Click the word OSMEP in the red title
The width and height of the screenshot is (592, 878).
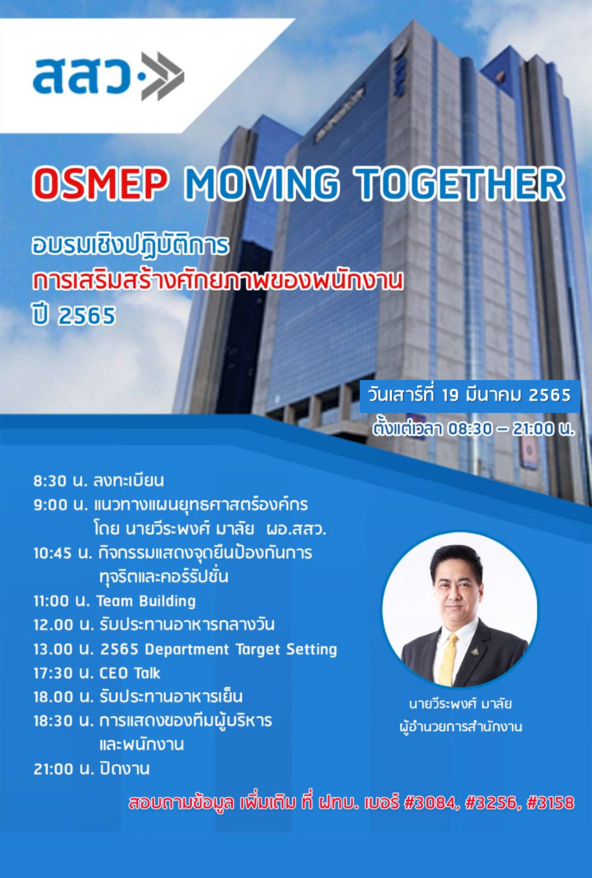(100, 183)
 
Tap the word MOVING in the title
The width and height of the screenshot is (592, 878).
(262, 183)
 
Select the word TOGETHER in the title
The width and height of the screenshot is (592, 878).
(459, 183)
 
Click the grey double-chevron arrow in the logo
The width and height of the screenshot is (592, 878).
(162, 76)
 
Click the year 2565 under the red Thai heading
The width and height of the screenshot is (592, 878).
(86, 316)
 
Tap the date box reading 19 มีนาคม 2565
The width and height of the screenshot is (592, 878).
(469, 396)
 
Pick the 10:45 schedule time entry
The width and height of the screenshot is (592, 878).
(53, 553)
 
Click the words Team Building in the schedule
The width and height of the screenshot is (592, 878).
(146, 602)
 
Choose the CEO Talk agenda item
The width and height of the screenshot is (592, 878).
(129, 673)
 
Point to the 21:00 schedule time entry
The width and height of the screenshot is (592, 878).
(53, 769)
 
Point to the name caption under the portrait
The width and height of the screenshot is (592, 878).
(460, 704)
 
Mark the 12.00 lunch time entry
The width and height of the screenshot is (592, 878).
(53, 625)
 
